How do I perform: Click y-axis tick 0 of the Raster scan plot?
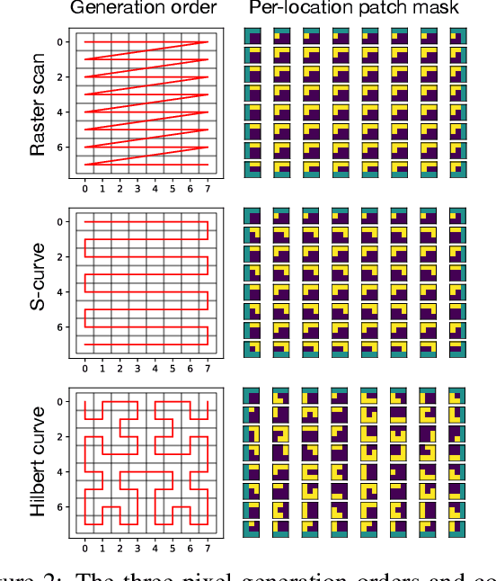[60, 42]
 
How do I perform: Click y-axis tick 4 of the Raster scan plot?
[60, 112]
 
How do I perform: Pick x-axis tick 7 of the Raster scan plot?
[207, 189]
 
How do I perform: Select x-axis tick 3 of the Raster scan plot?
[137, 189]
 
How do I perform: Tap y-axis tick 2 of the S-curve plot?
[60, 257]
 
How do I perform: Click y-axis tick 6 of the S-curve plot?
[60, 327]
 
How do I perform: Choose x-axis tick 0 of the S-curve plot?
[85, 369]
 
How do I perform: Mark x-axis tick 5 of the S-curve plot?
[172, 369]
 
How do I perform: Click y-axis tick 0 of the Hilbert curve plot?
[60, 402]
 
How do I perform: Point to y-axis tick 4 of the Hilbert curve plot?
[60, 472]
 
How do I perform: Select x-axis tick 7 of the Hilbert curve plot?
[207, 549]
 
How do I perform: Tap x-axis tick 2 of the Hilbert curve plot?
[120, 549]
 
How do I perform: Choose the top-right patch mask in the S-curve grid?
[459, 219]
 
